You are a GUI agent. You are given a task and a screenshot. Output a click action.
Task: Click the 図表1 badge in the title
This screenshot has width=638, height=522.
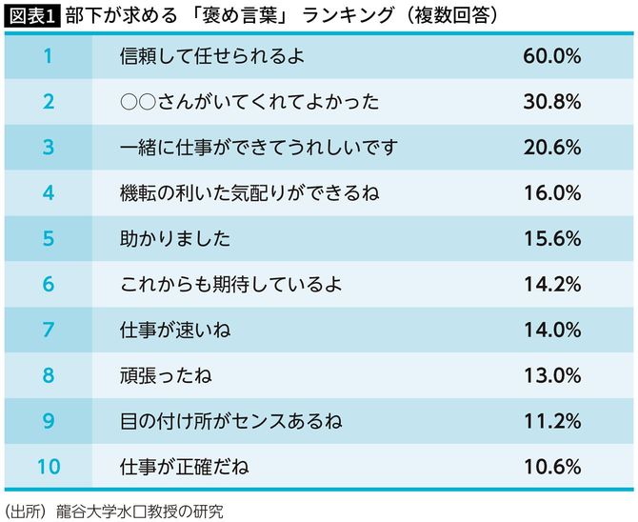tap(31, 16)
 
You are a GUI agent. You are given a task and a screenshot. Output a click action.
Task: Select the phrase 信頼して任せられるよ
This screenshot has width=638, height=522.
tap(209, 56)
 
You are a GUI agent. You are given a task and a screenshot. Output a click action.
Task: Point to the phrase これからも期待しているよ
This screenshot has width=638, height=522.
tap(230, 285)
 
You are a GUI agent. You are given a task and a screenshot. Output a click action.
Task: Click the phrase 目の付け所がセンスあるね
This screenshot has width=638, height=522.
tap(231, 421)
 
